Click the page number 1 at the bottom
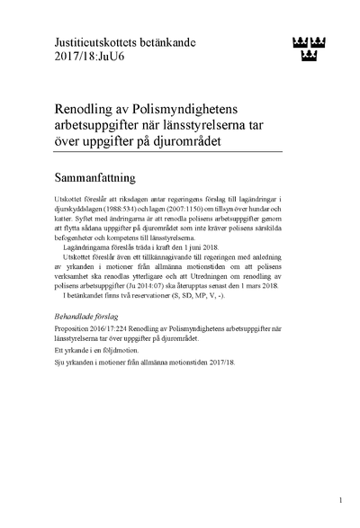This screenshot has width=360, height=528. point(341,499)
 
